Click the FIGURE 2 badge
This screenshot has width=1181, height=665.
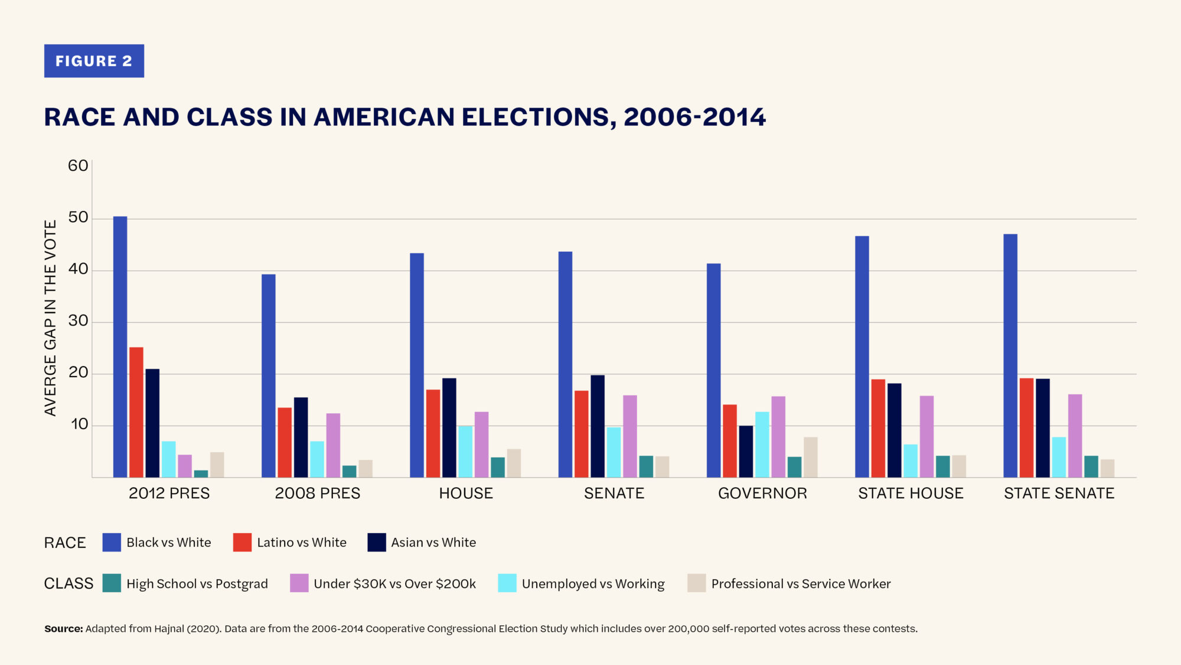pos(94,61)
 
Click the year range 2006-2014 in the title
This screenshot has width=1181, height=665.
pos(694,117)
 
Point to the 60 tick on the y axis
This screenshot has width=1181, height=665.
pos(78,166)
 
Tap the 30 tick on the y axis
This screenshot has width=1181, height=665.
pos(78,321)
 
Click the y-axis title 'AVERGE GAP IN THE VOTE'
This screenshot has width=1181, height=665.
pos(51,318)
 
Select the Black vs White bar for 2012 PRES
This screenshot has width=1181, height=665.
pos(120,347)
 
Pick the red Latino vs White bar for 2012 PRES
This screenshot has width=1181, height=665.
pos(136,412)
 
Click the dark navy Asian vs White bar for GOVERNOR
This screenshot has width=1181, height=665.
pos(746,451)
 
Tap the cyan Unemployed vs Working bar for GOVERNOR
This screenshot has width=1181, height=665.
pos(762,445)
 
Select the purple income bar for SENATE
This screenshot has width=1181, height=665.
pos(630,436)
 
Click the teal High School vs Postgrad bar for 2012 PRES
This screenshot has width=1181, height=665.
pos(201,473)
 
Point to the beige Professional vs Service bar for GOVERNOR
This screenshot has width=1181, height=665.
pos(811,457)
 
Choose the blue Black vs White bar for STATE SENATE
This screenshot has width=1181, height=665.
pos(1010,356)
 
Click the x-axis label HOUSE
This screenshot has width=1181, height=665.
pos(466,494)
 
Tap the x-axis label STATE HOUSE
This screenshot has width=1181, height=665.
pos(911,494)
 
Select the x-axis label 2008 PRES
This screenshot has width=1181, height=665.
pos(318,494)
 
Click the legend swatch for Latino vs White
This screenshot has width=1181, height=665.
pos(242,543)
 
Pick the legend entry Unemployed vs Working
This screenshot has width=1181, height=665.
pos(593,584)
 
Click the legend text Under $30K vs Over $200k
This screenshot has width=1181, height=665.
pos(394,584)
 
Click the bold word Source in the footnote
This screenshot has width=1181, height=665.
pos(63,629)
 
